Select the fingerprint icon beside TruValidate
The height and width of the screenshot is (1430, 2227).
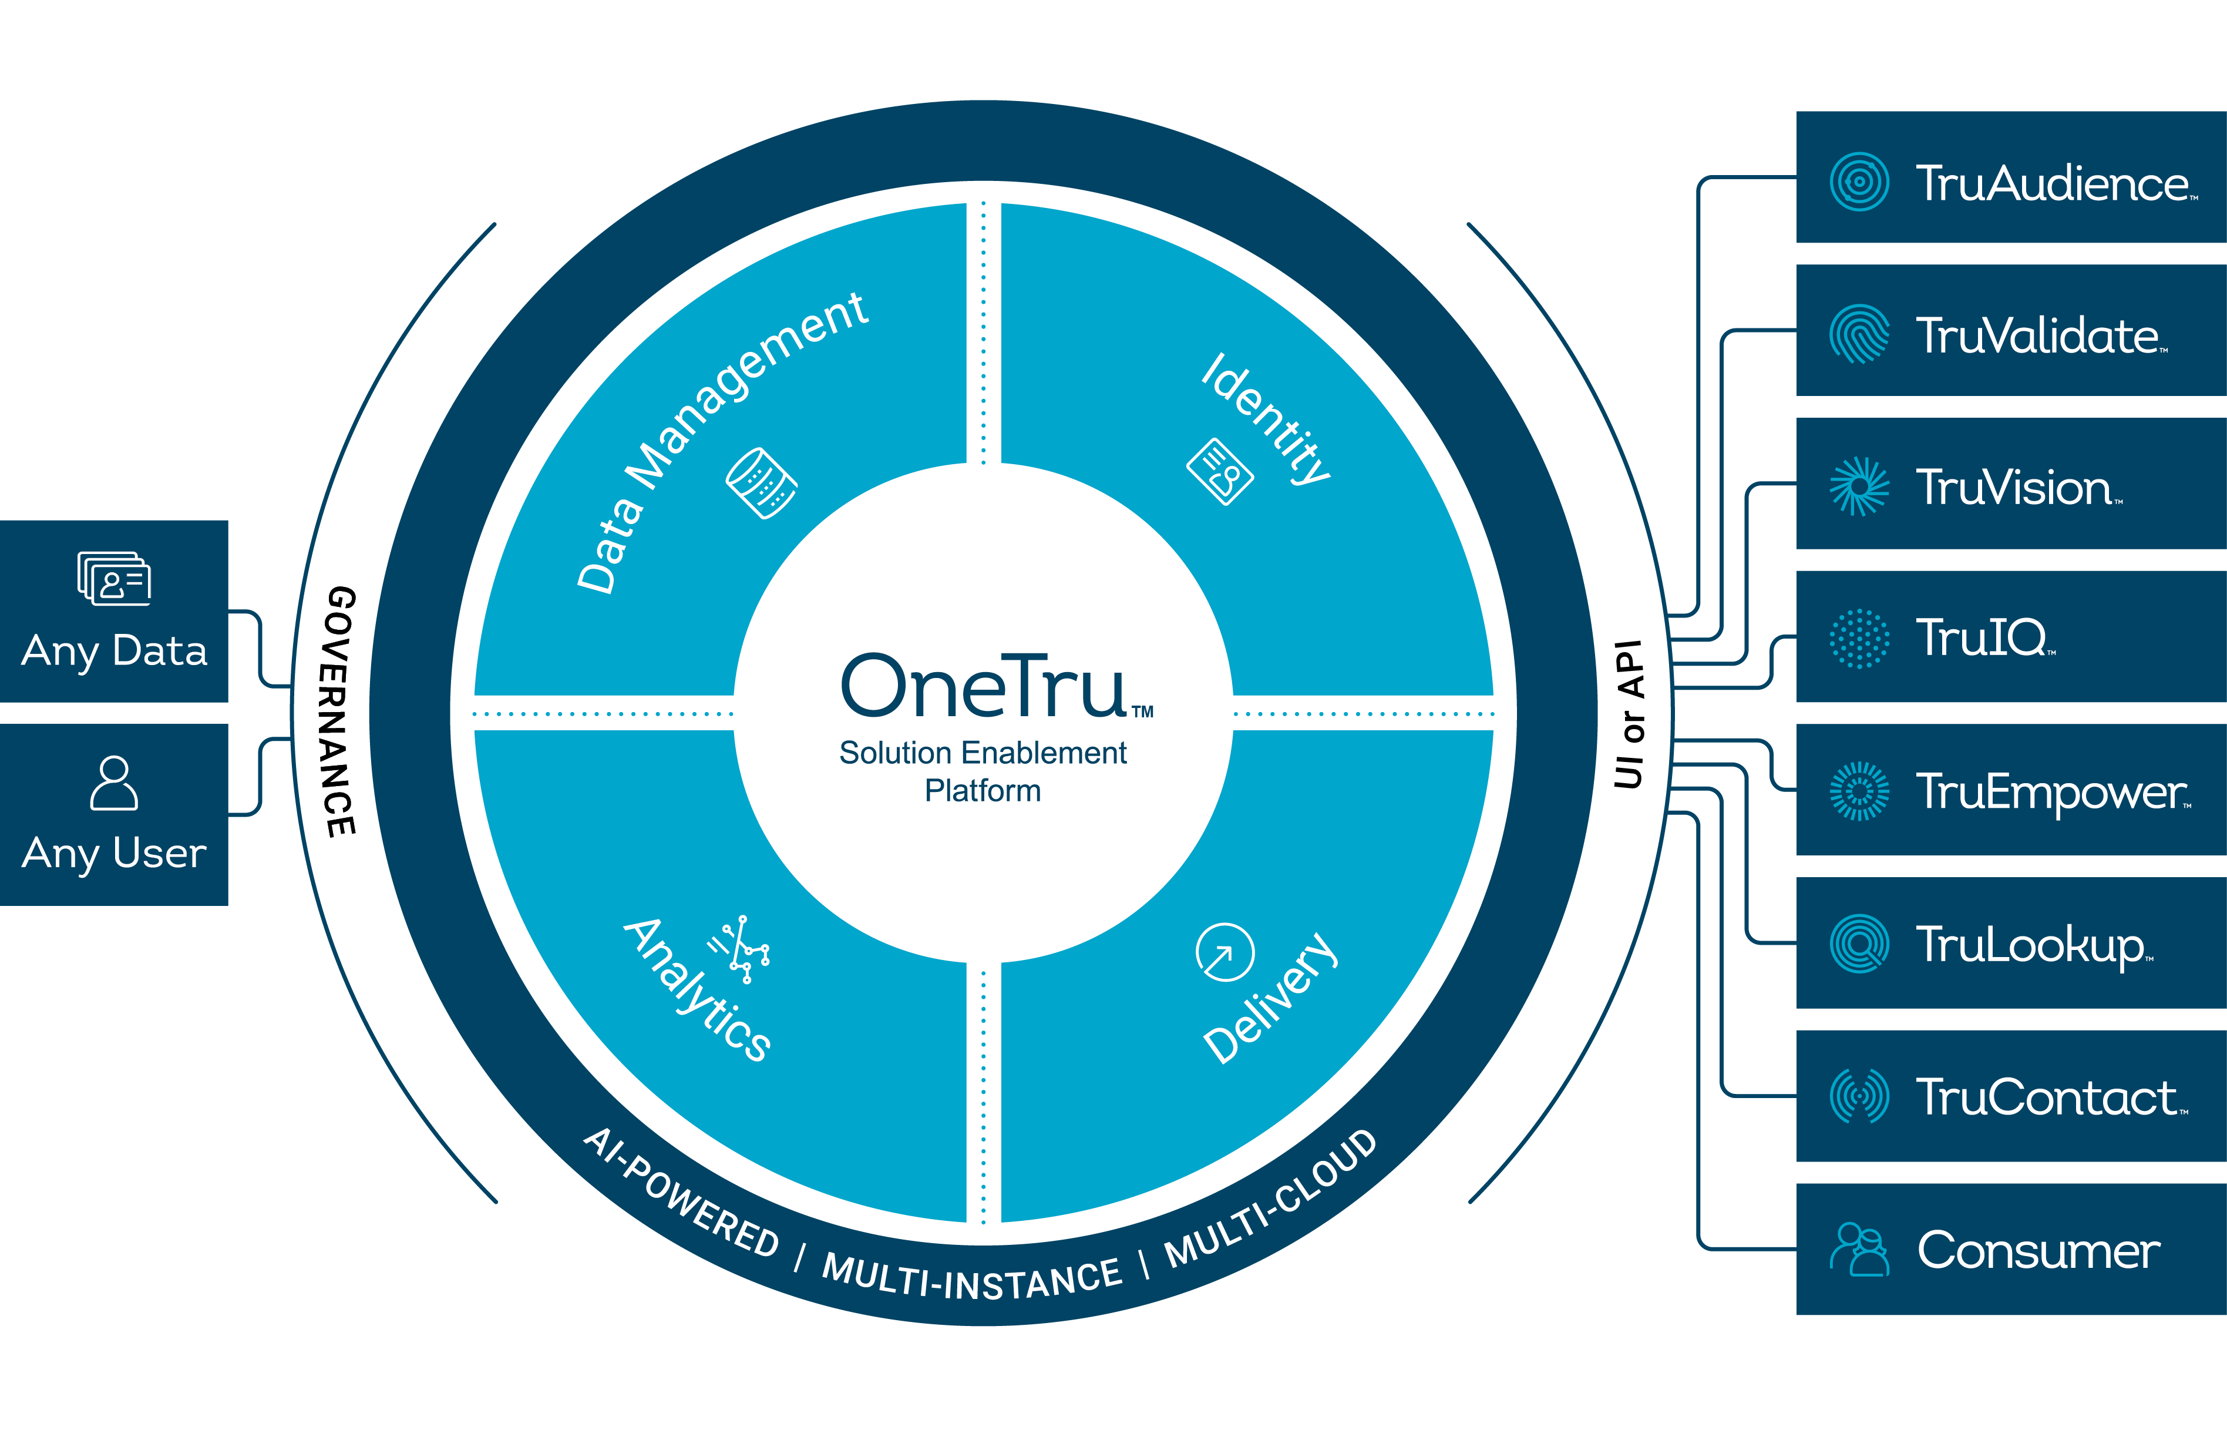coord(1858,334)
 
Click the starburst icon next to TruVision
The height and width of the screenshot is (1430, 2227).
coord(1858,486)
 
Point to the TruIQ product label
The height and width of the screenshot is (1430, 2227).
coord(1983,638)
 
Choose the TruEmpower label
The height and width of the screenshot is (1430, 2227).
coord(2051,792)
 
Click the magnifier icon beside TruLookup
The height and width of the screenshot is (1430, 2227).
coord(1858,944)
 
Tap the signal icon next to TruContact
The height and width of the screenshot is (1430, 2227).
coord(1858,1096)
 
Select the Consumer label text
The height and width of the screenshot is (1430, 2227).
coord(2038,1250)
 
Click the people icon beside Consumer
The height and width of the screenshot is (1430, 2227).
coord(1858,1250)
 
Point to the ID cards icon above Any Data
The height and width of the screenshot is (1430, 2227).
coord(114,579)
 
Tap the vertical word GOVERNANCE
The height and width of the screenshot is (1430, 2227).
coord(340,711)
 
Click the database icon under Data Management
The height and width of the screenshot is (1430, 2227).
coord(761,483)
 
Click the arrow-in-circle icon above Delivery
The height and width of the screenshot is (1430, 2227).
coord(1224,952)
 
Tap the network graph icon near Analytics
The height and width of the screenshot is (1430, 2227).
coord(741,949)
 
